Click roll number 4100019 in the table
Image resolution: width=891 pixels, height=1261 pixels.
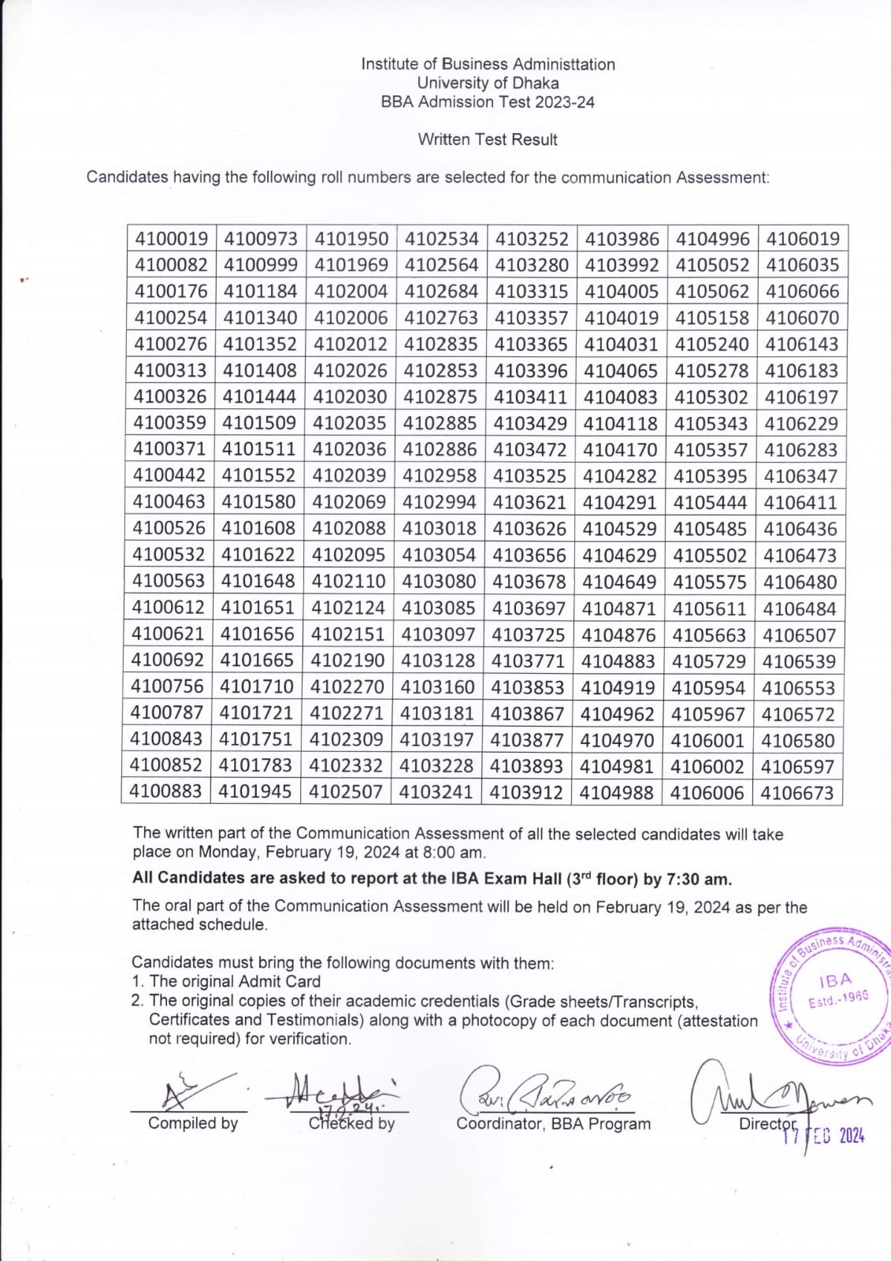click(172, 239)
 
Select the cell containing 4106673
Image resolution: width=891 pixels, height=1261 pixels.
click(797, 793)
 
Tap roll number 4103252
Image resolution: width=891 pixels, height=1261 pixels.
click(533, 239)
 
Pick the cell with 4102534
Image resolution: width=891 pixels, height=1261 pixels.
click(442, 239)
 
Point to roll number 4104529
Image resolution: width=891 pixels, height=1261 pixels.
click(619, 529)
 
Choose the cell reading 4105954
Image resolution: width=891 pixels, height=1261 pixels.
click(708, 688)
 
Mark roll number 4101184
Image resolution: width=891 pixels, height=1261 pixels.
click(261, 292)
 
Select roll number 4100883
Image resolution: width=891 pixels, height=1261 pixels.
click(165, 793)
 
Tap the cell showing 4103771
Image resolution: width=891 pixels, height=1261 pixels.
click(528, 661)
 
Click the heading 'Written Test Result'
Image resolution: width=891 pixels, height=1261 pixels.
click(488, 139)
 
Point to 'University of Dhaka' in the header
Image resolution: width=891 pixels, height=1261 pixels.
click(488, 83)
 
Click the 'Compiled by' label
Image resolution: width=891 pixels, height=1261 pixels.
click(193, 1123)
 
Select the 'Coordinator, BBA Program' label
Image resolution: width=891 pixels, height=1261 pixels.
click(553, 1124)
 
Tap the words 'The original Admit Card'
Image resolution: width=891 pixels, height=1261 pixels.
click(235, 981)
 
